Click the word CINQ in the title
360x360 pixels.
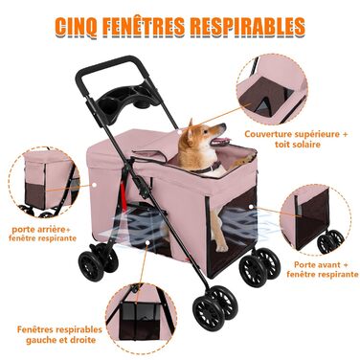coord(76,27)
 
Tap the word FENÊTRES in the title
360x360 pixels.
coord(144,26)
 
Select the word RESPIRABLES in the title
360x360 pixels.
coord(248,26)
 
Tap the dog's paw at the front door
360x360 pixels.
coord(221,247)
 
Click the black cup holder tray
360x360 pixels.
coord(127,101)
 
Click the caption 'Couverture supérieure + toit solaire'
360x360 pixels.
coord(296,139)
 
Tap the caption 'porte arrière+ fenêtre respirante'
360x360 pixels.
coord(42,234)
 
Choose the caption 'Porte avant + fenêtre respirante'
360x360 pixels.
coord(322,269)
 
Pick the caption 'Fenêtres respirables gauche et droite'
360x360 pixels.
coord(59,334)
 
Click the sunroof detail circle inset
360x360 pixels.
coord(272,89)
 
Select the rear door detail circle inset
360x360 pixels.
coord(45,182)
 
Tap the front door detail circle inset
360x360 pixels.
coord(315,219)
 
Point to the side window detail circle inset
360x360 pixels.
coord(141,318)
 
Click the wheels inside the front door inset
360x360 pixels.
coord(330,241)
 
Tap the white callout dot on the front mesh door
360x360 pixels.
coord(251,207)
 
